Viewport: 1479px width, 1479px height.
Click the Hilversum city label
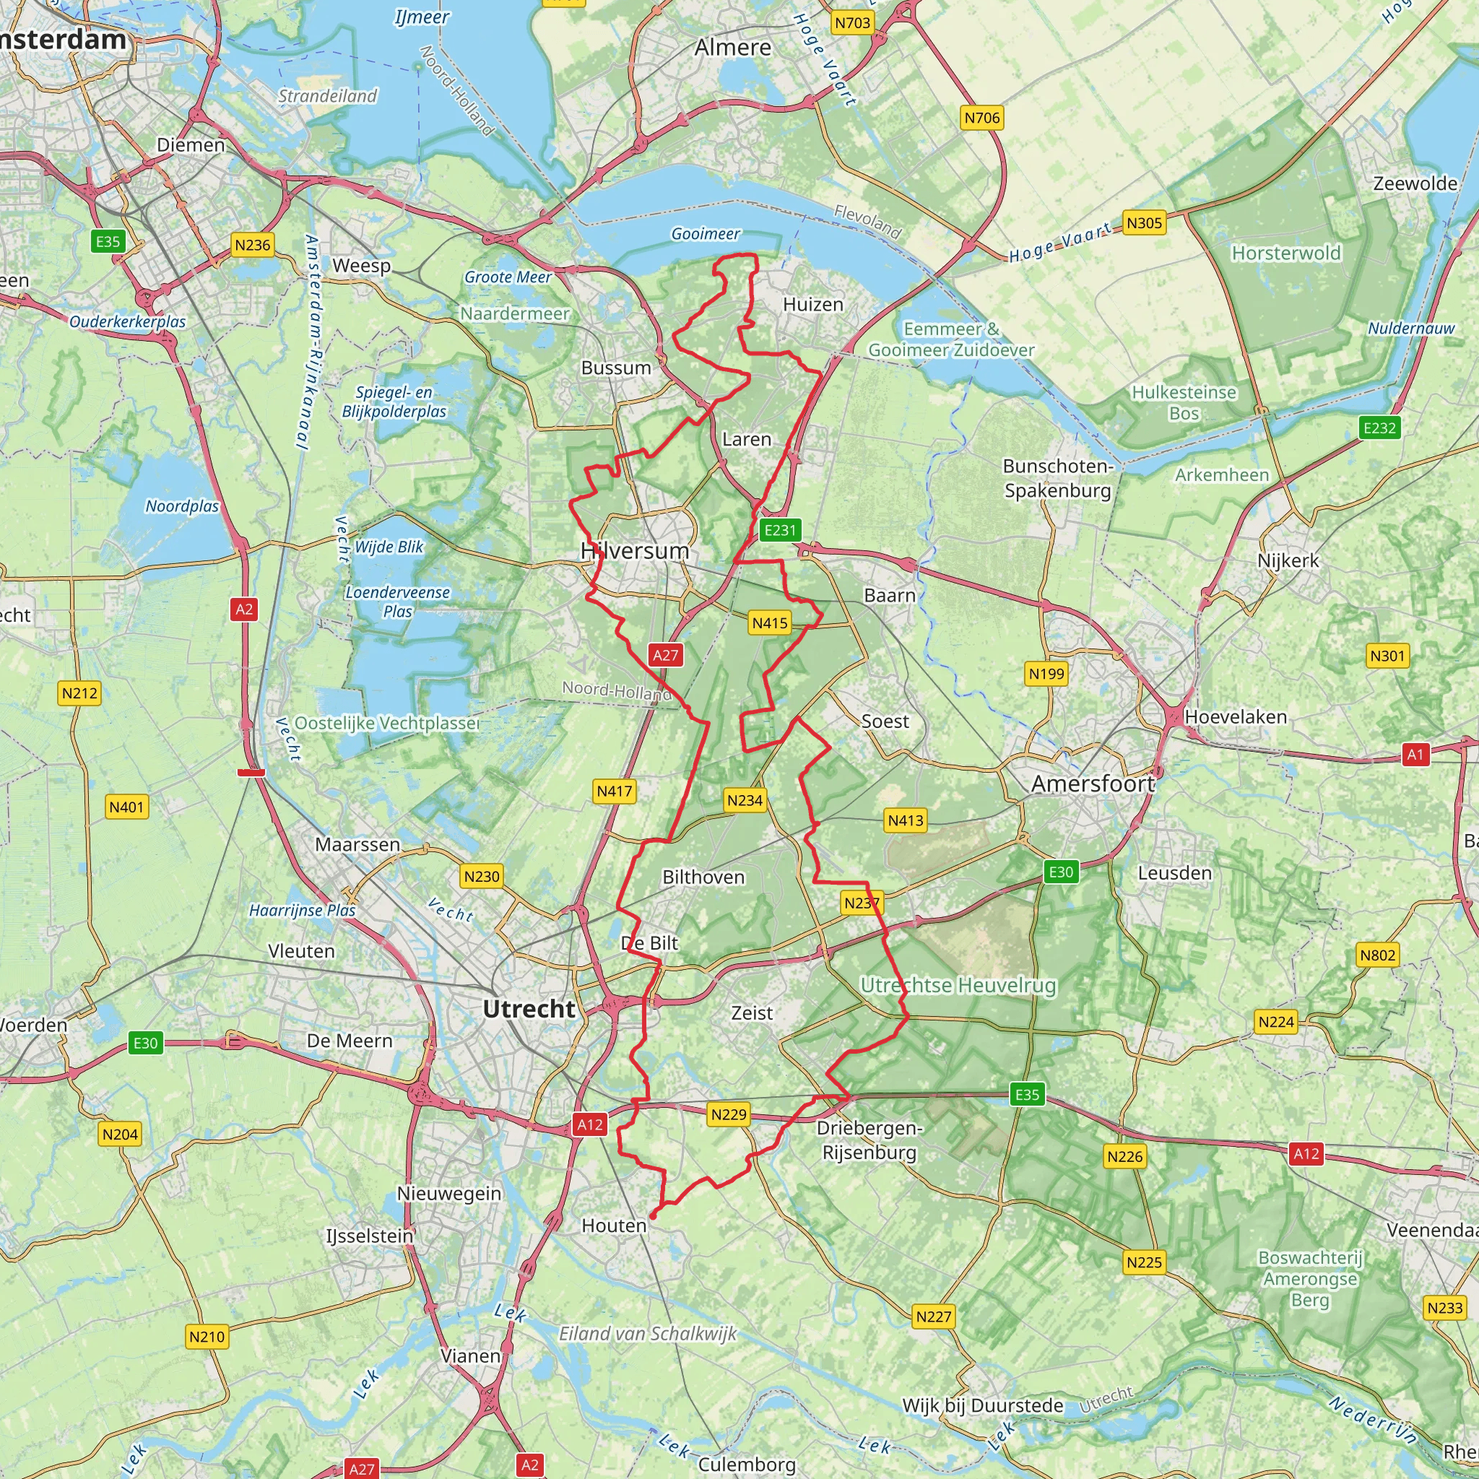635,550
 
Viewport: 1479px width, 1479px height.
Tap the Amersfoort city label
1093,783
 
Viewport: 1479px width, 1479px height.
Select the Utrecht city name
529,1009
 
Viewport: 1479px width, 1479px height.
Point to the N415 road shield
769,623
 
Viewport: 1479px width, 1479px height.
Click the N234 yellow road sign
745,801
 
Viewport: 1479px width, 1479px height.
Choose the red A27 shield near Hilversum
665,655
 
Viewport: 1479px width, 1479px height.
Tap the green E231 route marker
780,530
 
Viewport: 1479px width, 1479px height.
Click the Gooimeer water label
705,234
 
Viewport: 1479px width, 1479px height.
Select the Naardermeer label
514,314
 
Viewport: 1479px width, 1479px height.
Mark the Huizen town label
813,305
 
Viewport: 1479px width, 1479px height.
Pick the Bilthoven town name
703,877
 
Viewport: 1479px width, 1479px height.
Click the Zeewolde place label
1415,183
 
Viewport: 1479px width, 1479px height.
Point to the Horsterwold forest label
1286,253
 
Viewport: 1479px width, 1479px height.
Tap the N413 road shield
906,820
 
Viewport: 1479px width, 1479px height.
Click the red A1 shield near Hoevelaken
1415,755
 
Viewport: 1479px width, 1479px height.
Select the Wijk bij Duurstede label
982,1405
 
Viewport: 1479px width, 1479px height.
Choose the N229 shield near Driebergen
728,1114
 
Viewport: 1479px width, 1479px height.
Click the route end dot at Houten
653,1215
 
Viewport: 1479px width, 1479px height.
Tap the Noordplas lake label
182,506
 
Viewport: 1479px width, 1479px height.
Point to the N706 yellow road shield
982,118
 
